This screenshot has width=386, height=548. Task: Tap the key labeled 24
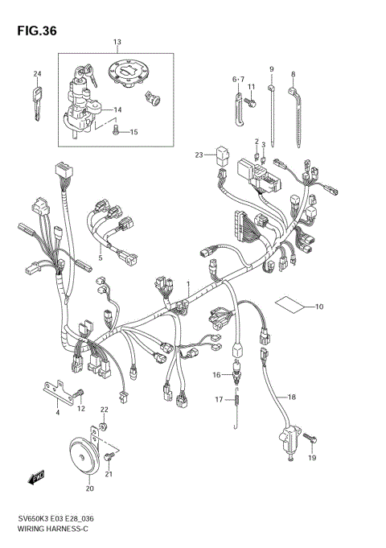coord(36,103)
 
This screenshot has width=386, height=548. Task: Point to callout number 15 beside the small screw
coord(134,132)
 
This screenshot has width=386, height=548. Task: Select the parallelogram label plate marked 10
coord(289,305)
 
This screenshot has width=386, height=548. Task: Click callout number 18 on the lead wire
coord(292,397)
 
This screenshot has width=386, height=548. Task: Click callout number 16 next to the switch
coord(216,375)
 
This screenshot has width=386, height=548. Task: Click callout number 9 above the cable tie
coord(271,69)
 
